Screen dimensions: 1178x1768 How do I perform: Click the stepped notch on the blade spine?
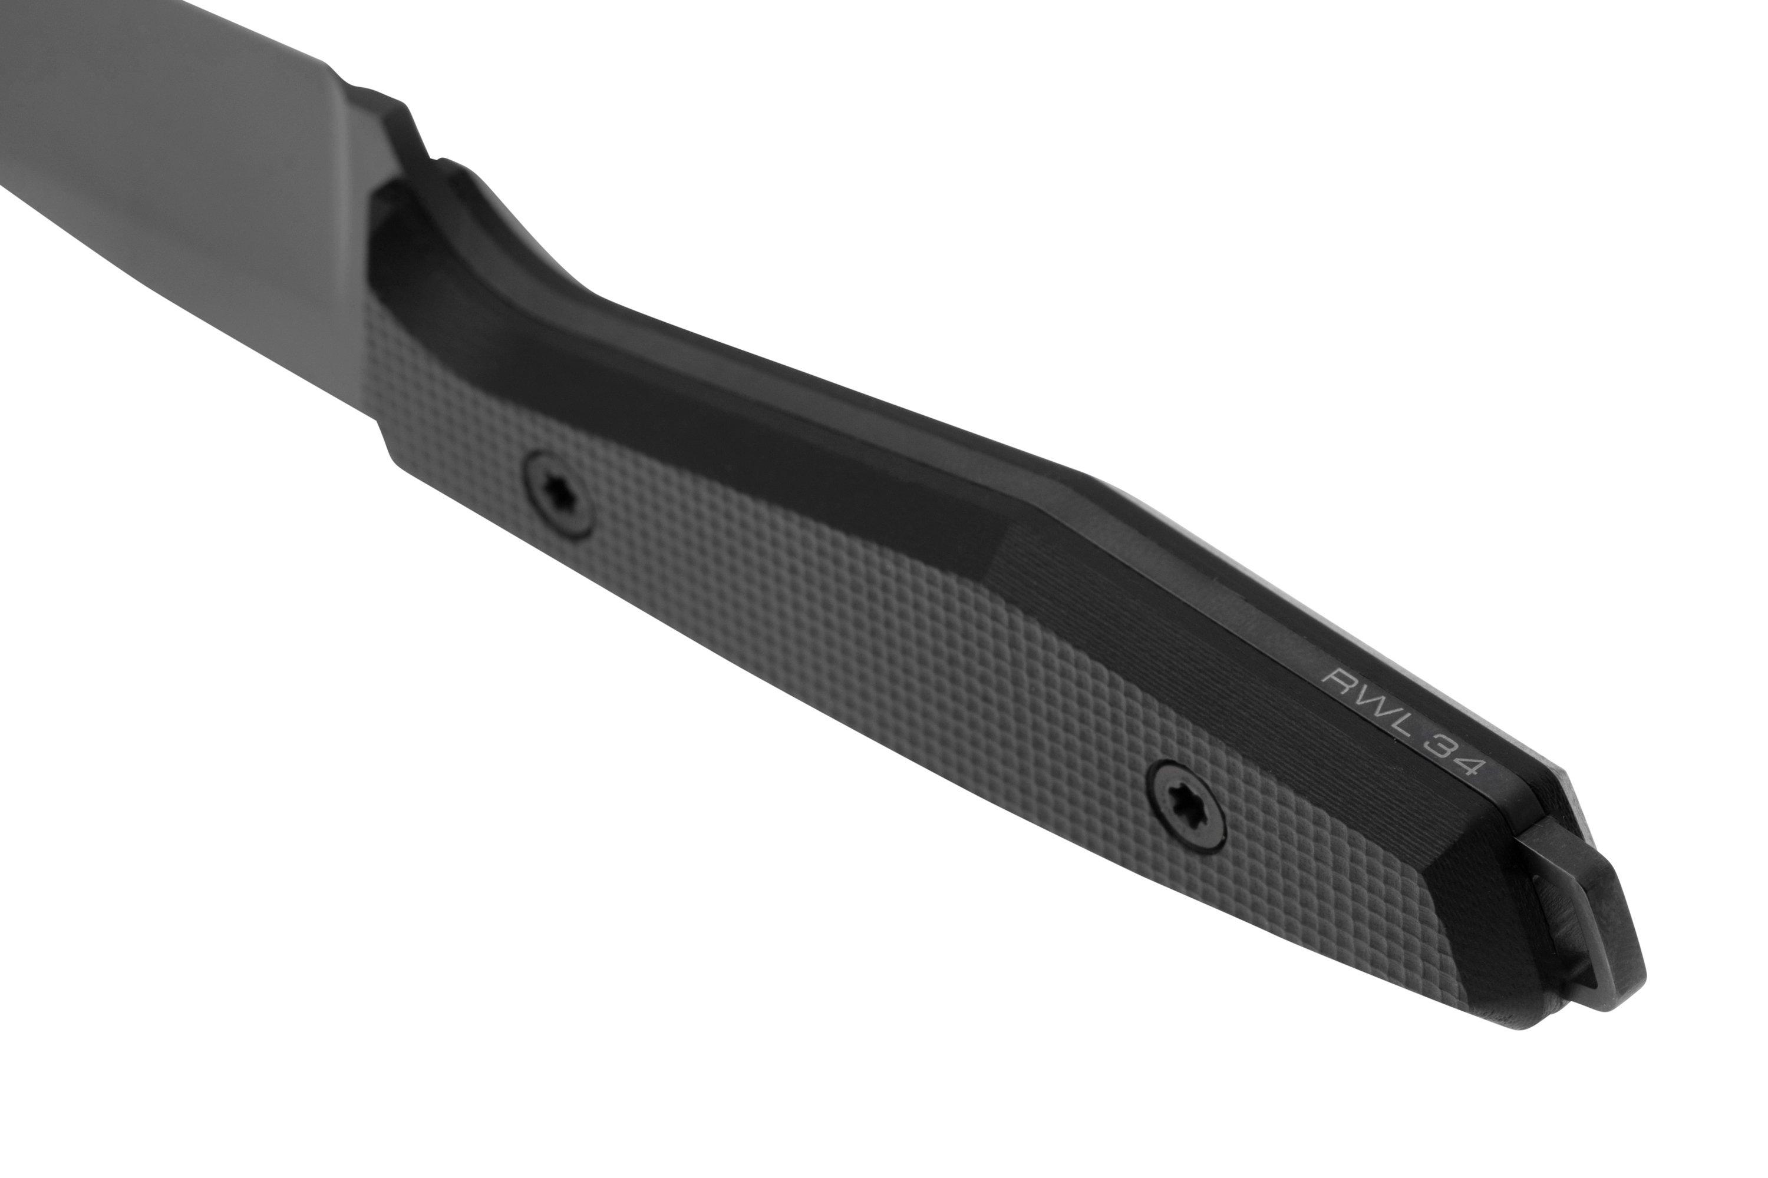click(x=421, y=143)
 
